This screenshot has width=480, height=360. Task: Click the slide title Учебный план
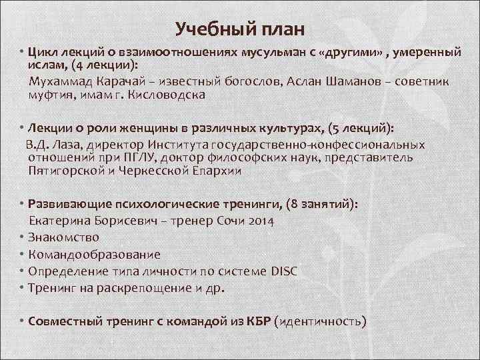(x=240, y=29)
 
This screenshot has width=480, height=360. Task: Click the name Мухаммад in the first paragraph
(x=59, y=81)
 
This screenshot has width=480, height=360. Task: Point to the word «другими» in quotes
(x=349, y=53)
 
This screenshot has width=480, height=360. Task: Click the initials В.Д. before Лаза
(x=39, y=144)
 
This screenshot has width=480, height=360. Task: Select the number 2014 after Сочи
(x=260, y=220)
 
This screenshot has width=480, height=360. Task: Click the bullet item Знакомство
(x=65, y=237)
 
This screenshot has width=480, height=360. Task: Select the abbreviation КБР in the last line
(x=257, y=321)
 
